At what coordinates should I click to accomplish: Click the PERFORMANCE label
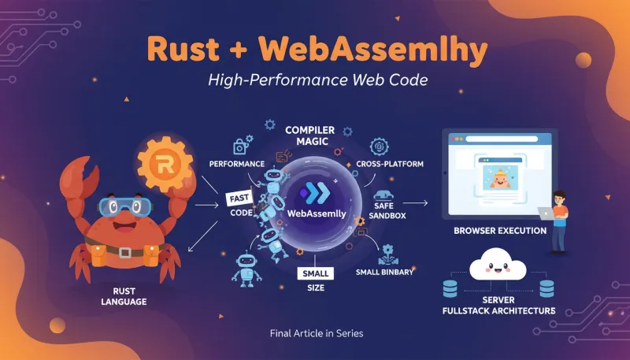click(236, 164)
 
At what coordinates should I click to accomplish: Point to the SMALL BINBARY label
click(387, 273)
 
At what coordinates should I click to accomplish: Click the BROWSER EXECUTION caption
click(499, 232)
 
